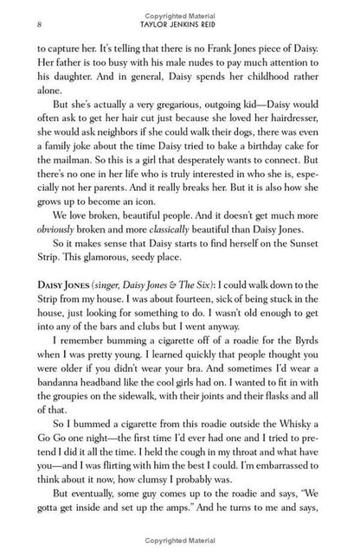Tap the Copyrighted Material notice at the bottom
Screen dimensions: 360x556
pyautogui.click(x=180, y=546)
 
